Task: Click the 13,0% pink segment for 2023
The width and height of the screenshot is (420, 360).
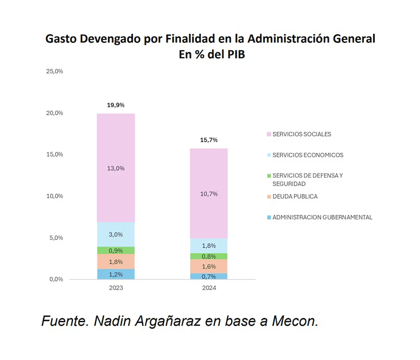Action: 116,168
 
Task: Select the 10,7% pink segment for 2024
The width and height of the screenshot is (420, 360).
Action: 209,194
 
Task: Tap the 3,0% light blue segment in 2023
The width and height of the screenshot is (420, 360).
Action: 116,234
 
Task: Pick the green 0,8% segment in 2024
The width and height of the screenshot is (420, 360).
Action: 209,256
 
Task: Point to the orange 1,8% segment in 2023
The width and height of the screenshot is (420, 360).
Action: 116,261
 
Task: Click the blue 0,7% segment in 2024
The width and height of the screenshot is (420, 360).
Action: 209,276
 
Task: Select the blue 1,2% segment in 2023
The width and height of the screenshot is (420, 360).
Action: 116,274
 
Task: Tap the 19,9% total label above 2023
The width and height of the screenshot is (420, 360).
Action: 116,105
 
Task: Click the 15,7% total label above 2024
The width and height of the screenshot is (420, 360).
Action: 209,140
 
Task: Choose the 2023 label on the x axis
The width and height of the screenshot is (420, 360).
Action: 116,288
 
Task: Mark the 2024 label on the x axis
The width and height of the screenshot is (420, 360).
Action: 209,288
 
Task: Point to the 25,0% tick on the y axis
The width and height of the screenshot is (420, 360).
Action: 55,71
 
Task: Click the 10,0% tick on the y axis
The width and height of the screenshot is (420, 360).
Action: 55,196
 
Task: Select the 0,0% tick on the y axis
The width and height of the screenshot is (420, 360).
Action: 55,279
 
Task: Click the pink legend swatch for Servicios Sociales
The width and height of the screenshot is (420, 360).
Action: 268,134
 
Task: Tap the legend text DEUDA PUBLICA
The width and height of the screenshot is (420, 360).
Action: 295,197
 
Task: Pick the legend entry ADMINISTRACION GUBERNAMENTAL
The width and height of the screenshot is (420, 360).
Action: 322,217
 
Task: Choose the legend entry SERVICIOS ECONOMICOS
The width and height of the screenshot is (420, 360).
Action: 308,155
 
